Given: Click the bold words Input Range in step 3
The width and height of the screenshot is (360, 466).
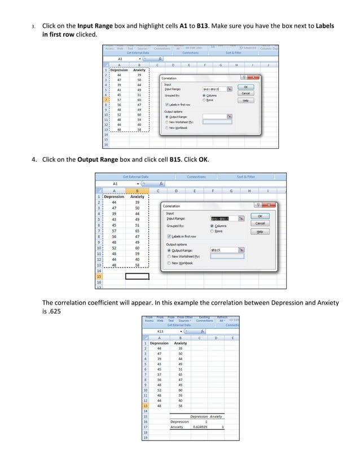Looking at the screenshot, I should point(93,26).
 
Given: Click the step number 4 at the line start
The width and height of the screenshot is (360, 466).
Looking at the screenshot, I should point(33,160).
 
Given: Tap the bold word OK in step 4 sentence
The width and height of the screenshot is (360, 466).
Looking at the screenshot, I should point(204,160).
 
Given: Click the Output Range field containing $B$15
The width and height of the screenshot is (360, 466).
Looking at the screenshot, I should point(226,250).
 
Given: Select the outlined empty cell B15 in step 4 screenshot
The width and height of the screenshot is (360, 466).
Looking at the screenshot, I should point(137,276).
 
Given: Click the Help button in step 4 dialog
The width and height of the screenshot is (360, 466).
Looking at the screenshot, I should point(260,231).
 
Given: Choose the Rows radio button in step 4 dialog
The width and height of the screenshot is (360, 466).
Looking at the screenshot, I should point(212,231).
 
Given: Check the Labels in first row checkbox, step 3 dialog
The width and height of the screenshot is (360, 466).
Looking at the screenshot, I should point(166,104).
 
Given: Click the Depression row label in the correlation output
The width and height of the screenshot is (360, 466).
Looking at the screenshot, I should point(179,421).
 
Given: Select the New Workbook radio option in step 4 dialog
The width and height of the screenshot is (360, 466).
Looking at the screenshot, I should point(169,263).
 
